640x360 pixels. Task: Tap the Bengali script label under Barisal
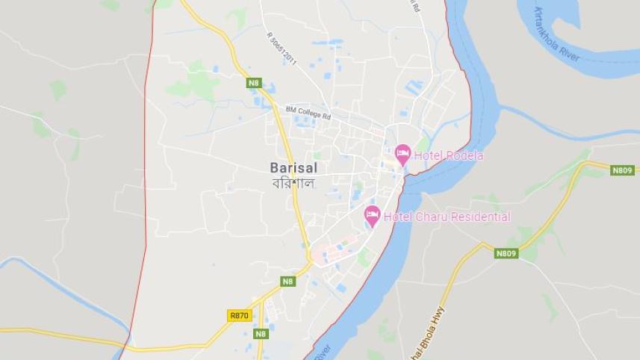tap(292, 183)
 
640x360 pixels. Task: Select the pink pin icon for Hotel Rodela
tap(403, 155)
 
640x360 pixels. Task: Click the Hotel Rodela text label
tap(448, 155)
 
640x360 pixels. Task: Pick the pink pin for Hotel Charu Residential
tap(372, 215)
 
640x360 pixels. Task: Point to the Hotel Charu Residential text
tap(447, 217)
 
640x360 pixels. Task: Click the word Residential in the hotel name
tap(479, 217)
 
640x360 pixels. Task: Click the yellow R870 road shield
tap(239, 316)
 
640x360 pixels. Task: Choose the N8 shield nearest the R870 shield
tap(260, 334)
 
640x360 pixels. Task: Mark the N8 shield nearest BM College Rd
tap(254, 83)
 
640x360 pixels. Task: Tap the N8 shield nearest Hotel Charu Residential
tap(288, 282)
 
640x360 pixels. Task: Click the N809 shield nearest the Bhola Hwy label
tap(506, 253)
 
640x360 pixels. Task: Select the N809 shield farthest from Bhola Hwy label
tap(622, 170)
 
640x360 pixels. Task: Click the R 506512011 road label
tap(281, 48)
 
